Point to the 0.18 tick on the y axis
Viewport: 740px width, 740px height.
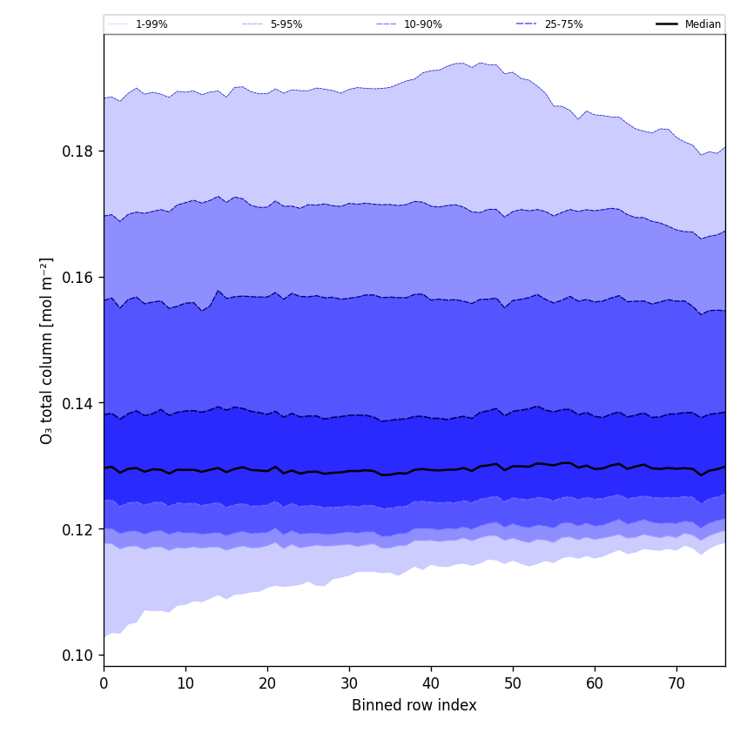pyautogui.click(x=77, y=151)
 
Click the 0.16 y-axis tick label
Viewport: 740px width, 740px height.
pyautogui.click(x=77, y=278)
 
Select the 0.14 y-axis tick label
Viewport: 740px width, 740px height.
pyautogui.click(x=77, y=404)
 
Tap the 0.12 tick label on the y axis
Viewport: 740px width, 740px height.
pyautogui.click(x=77, y=530)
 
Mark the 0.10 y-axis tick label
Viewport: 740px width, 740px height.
pyautogui.click(x=77, y=656)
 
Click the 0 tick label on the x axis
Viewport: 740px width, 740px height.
pyautogui.click(x=104, y=683)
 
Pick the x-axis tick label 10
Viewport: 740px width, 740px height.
pyautogui.click(x=185, y=683)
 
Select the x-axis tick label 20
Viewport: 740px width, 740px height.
pyautogui.click(x=267, y=683)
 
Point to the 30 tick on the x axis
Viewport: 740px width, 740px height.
pyautogui.click(x=349, y=683)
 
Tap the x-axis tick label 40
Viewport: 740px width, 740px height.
pyautogui.click(x=431, y=683)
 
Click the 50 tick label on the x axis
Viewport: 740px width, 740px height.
pyautogui.click(x=513, y=683)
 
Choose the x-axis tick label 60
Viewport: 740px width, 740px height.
pyautogui.click(x=595, y=683)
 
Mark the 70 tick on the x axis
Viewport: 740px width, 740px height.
pyautogui.click(x=676, y=683)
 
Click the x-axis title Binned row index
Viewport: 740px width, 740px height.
pyautogui.click(x=414, y=706)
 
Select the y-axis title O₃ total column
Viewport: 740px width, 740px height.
pyautogui.click(x=47, y=350)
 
